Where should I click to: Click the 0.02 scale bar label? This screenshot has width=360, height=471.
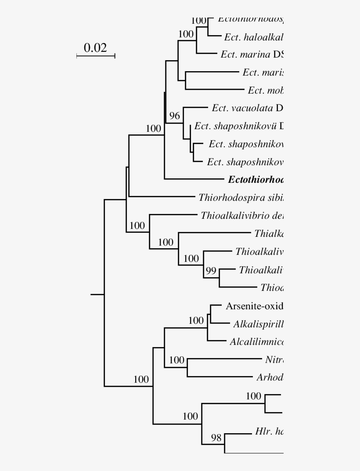[95, 47]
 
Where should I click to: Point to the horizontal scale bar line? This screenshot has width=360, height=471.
[96, 56]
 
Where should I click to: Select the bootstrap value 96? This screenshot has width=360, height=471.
[175, 116]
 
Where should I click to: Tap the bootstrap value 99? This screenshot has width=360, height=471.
[211, 271]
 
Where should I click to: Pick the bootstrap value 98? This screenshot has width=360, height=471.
[216, 437]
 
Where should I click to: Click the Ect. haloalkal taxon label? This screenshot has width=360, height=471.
[254, 37]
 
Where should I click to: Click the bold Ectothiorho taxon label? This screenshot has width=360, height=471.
[256, 180]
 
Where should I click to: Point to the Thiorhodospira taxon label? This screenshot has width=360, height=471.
[241, 197]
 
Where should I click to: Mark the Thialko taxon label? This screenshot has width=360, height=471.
[269, 233]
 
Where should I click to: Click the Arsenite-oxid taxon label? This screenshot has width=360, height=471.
[254, 306]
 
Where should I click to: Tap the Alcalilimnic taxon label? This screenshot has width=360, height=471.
[256, 341]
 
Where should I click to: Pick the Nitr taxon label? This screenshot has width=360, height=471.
[274, 359]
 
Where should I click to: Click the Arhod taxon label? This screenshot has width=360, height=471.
[270, 377]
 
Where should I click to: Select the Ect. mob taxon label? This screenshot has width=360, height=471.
[266, 91]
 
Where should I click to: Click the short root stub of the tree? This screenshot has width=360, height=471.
[97, 294]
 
